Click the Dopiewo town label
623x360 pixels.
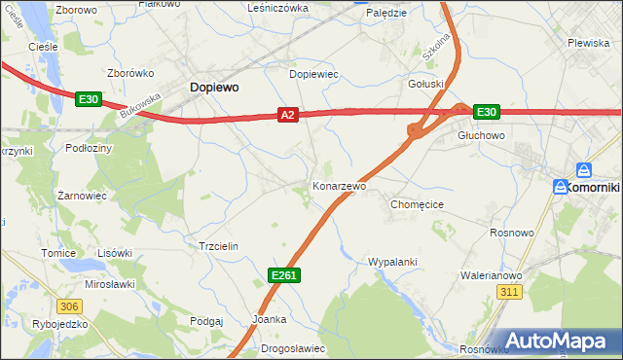point(213,87)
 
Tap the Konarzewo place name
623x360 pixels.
point(339,185)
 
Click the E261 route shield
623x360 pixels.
point(284,276)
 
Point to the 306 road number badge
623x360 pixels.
point(64,306)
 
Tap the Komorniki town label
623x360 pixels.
point(591,186)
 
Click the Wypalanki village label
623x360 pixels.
point(392,262)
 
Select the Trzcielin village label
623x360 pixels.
point(218,247)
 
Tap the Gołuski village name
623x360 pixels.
point(425,84)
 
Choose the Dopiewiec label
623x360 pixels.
point(313,74)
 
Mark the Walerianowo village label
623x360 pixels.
point(491,275)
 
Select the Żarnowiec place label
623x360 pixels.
point(82,196)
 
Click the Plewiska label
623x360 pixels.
point(588,43)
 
